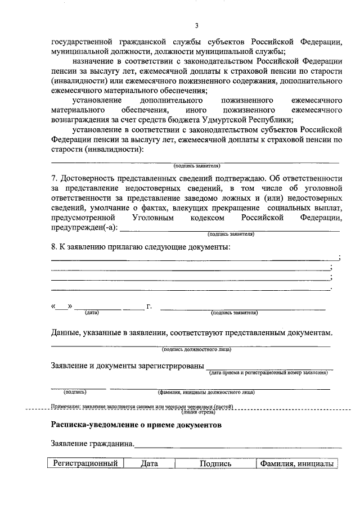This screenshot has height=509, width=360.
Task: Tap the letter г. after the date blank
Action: click(149, 307)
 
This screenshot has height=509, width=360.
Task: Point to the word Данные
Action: click(66, 333)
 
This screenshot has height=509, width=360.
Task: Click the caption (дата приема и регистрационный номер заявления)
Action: click(268, 372)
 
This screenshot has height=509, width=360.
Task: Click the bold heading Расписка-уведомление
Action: click(91, 426)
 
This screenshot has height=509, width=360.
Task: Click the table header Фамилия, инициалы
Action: click(295, 464)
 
